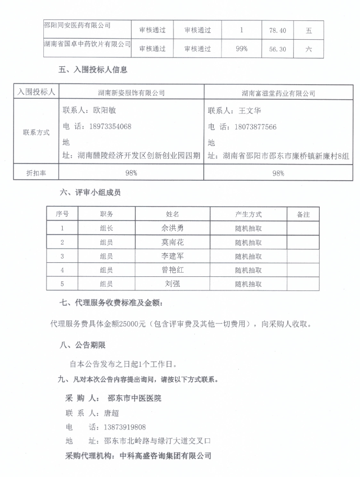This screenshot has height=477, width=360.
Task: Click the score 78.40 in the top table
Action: click(x=276, y=30)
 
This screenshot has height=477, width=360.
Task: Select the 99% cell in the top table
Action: click(x=241, y=49)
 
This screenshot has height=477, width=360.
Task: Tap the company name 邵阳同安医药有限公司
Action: click(x=77, y=25)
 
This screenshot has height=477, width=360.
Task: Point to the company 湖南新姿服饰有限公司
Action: click(x=131, y=93)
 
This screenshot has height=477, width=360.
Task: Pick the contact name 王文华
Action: click(x=250, y=111)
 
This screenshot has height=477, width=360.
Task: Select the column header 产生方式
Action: click(x=248, y=214)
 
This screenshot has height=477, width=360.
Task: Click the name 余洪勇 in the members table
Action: click(x=172, y=228)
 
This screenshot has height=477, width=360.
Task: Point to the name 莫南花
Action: click(x=172, y=242)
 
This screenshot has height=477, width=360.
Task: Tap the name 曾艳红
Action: click(x=172, y=270)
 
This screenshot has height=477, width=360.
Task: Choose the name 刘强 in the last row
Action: click(x=172, y=284)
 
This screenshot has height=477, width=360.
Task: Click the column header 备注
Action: click(x=303, y=214)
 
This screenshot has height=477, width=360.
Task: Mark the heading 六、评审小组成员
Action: click(x=90, y=193)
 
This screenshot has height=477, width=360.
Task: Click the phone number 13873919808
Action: click(x=125, y=427)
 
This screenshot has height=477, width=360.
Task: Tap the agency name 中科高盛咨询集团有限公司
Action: click(x=166, y=456)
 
